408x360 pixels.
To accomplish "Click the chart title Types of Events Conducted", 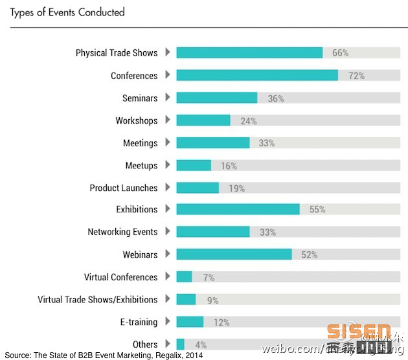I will [67, 12].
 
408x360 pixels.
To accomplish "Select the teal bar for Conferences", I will [256, 75].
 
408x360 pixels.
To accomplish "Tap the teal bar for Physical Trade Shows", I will [249, 52].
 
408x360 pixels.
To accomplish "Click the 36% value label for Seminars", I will [276, 98].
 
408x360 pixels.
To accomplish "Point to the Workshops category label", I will [137, 120].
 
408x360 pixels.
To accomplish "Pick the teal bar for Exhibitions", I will [238, 209].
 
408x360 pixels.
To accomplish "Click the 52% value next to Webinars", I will [309, 254].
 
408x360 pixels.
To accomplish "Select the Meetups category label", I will [141, 165].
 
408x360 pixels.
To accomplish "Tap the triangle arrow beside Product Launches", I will [168, 187].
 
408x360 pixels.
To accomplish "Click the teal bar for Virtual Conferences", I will [184, 276].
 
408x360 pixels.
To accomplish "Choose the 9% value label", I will [212, 300].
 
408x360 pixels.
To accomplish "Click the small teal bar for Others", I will [180, 344].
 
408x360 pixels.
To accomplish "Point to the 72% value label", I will [356, 76].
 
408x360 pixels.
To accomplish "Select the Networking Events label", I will [122, 232].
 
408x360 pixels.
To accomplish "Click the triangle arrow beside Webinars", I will [168, 254].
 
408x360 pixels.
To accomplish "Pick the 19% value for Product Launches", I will [236, 188].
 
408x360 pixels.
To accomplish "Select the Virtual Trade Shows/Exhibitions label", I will [97, 300].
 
